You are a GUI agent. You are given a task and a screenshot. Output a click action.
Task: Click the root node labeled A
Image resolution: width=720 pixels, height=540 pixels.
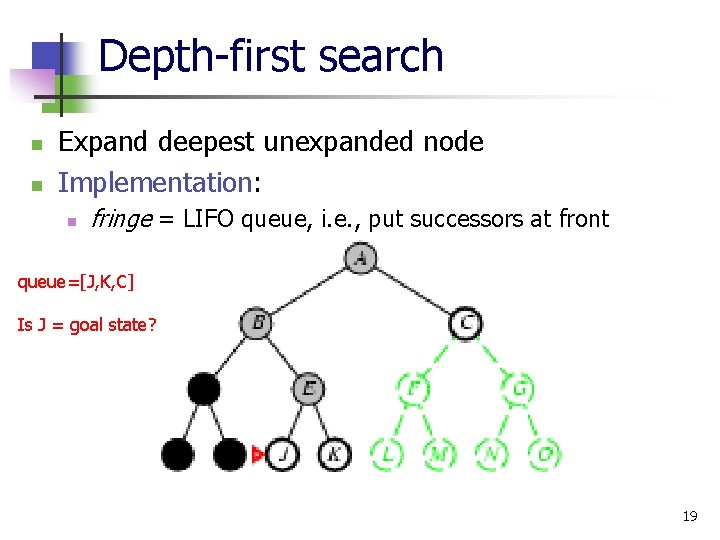[x=359, y=259]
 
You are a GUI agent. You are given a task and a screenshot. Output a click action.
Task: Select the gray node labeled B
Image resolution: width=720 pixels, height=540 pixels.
[x=257, y=323]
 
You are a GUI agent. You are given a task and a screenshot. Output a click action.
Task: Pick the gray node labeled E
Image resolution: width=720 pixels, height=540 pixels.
[x=309, y=388]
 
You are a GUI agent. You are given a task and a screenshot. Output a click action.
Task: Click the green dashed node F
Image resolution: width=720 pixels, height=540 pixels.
[x=413, y=388]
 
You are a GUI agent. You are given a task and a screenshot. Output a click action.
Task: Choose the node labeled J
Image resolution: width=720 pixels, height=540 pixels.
[x=283, y=454]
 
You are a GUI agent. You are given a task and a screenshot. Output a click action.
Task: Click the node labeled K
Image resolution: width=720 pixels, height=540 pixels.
[x=334, y=454]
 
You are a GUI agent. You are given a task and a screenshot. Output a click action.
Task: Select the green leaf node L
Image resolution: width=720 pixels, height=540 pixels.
[x=387, y=454]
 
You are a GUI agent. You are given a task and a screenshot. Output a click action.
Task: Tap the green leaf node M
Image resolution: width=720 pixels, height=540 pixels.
[x=439, y=454]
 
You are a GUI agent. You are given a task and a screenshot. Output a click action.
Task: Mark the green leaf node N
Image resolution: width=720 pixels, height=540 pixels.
[x=491, y=454]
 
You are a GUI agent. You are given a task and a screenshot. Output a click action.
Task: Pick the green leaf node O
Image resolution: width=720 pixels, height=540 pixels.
[x=544, y=454]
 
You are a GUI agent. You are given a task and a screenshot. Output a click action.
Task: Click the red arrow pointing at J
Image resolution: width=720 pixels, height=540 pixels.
[x=257, y=455]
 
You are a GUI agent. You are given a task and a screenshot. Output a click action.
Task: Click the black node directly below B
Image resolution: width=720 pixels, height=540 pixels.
[x=204, y=388]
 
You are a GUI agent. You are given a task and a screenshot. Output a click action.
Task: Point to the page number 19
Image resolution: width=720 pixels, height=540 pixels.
[x=689, y=516]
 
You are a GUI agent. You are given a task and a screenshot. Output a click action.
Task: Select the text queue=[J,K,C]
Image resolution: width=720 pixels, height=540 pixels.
[x=76, y=282]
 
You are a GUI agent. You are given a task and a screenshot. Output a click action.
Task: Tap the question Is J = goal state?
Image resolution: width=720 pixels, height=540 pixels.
[x=87, y=324]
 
